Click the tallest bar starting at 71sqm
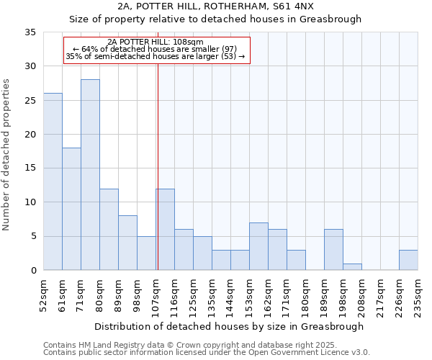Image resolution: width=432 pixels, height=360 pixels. click(90, 175)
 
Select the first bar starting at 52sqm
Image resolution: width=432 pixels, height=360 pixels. click(53, 181)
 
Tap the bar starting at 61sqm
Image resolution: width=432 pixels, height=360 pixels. click(71, 209)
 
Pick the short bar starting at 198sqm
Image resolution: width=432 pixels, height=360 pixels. click(352, 267)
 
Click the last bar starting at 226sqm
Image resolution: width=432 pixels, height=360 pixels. click(408, 260)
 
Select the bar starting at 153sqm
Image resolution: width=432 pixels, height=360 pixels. click(258, 246)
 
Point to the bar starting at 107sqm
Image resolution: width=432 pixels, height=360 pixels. click(165, 230)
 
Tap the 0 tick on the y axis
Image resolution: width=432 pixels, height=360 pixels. click(33, 271)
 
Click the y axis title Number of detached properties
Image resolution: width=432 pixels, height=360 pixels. click(7, 155)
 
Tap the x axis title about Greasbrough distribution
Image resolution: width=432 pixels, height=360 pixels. click(230, 326)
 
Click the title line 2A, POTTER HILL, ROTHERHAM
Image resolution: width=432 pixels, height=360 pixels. click(215, 6)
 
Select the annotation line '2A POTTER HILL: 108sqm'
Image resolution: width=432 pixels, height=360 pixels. click(156, 42)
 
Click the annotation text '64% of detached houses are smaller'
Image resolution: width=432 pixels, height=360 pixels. click(156, 49)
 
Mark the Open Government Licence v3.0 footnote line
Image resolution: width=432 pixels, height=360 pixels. click(207, 353)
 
